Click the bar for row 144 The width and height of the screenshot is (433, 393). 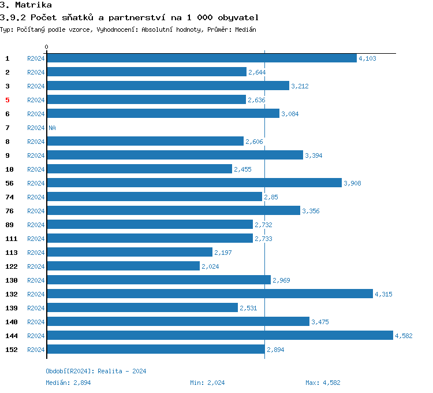click(x=219, y=335)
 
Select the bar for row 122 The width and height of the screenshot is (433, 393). click(x=123, y=266)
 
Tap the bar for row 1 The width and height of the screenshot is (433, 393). click(x=201, y=58)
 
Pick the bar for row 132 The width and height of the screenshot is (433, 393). click(x=210, y=294)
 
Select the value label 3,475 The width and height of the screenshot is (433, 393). click(x=320, y=322)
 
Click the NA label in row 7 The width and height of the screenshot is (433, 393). click(x=52, y=128)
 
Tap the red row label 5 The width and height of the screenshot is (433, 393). click(x=8, y=100)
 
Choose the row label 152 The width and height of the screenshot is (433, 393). click(x=11, y=350)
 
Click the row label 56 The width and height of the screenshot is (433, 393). click(x=9, y=183)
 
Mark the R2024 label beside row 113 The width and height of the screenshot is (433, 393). click(x=36, y=253)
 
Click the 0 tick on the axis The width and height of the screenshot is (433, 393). click(x=47, y=47)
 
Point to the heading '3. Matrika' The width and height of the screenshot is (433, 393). click(x=26, y=5)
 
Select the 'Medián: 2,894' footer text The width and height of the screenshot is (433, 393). click(x=68, y=383)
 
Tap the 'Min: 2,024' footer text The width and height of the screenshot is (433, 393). click(x=207, y=383)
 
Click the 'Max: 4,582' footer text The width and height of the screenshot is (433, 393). click(x=323, y=383)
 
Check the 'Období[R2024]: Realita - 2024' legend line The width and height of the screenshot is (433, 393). click(x=96, y=371)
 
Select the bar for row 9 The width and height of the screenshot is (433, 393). click(x=174, y=155)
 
